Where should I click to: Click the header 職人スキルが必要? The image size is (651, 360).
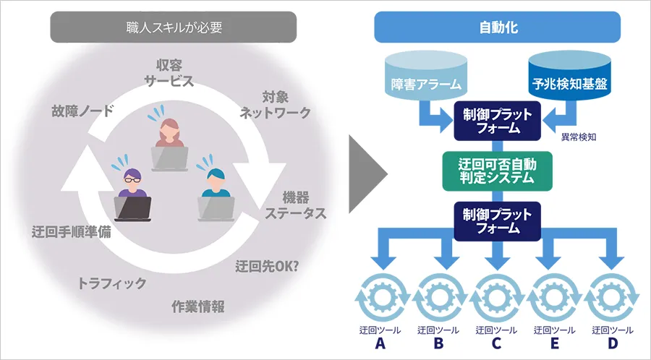[x=173, y=29]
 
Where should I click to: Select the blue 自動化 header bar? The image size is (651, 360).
[x=498, y=29]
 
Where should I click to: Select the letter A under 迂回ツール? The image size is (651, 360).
[x=379, y=343]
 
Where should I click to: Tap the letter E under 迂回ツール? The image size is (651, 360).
[x=556, y=343]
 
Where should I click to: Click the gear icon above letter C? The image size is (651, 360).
[x=496, y=297]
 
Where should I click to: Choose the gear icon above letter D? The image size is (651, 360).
[x=613, y=297]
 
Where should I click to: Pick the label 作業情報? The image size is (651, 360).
[x=198, y=306]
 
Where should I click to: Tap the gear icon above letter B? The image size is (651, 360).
[x=438, y=297]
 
